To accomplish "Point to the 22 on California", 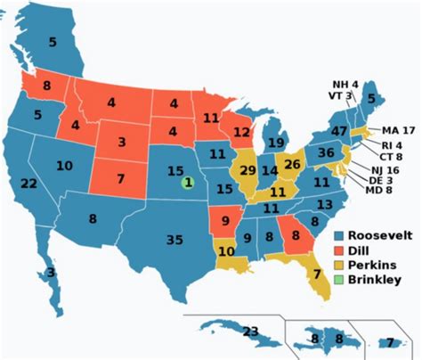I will click(28, 183).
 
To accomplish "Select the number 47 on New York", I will click(337, 130).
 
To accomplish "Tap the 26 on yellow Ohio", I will click(290, 164).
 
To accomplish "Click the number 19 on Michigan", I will click(276, 143).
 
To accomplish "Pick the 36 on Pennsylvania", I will click(326, 152).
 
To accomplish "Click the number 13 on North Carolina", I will click(325, 204).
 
